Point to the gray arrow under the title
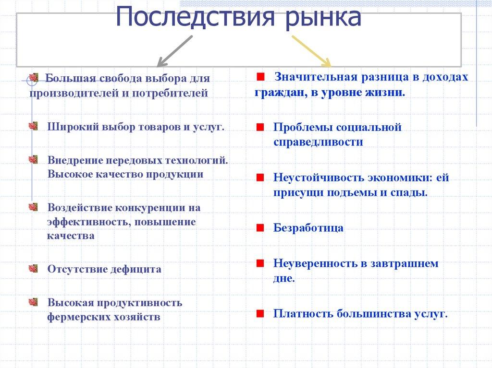coord(175,51)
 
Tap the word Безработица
coord(308,228)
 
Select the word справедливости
coord(318,142)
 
